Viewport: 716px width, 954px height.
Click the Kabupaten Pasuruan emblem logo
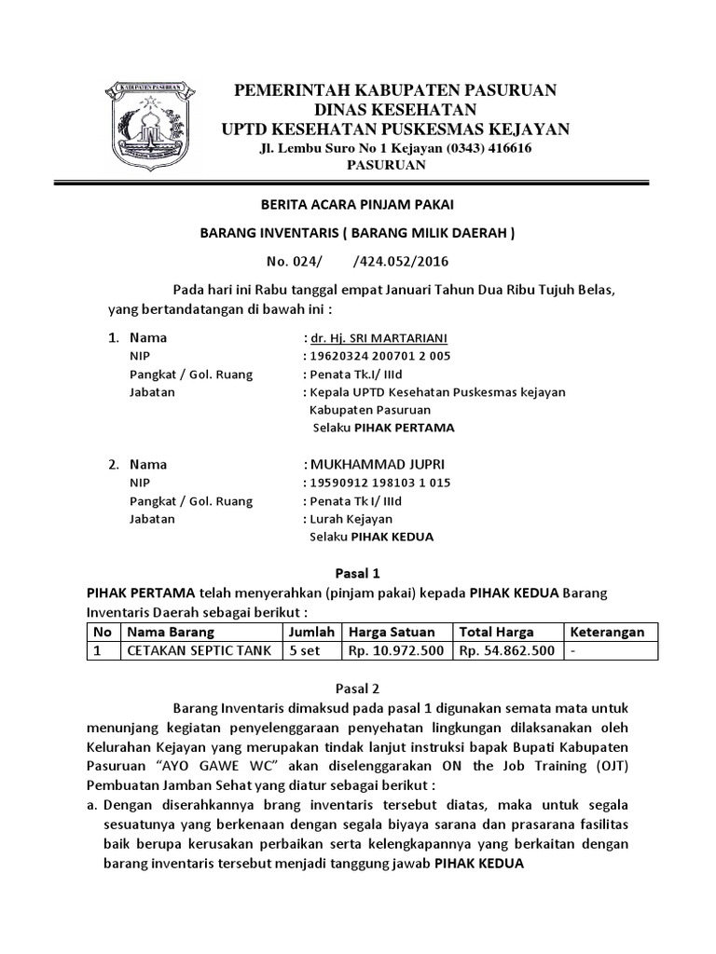(149, 123)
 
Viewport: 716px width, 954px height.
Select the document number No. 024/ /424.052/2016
(357, 263)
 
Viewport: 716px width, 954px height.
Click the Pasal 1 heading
(357, 574)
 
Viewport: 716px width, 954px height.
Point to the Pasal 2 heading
(357, 689)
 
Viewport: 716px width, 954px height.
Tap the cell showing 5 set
(305, 651)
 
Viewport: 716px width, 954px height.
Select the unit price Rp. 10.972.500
(395, 651)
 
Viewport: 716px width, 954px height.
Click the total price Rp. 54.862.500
(506, 651)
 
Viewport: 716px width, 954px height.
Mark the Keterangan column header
(607, 632)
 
